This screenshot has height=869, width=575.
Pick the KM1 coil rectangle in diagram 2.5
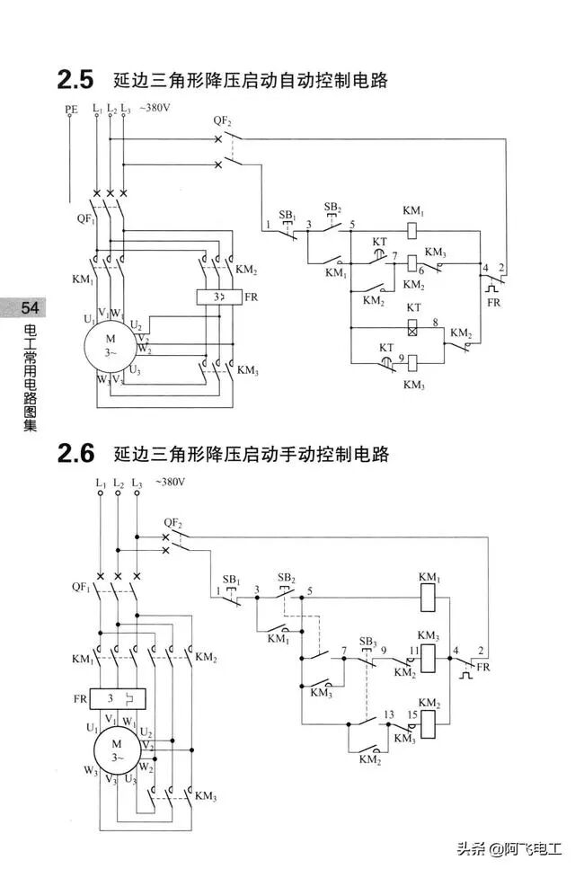[x=414, y=228]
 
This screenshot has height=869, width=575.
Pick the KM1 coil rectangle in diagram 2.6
[x=428, y=594]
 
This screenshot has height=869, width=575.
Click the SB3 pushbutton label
[x=367, y=641]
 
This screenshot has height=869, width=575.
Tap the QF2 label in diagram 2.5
[x=223, y=120]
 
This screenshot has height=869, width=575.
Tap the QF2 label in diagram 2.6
[x=172, y=522]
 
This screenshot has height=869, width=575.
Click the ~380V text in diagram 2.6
[x=170, y=482]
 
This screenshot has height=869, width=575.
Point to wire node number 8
[x=435, y=322]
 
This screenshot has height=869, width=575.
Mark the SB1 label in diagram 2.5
[x=287, y=215]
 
